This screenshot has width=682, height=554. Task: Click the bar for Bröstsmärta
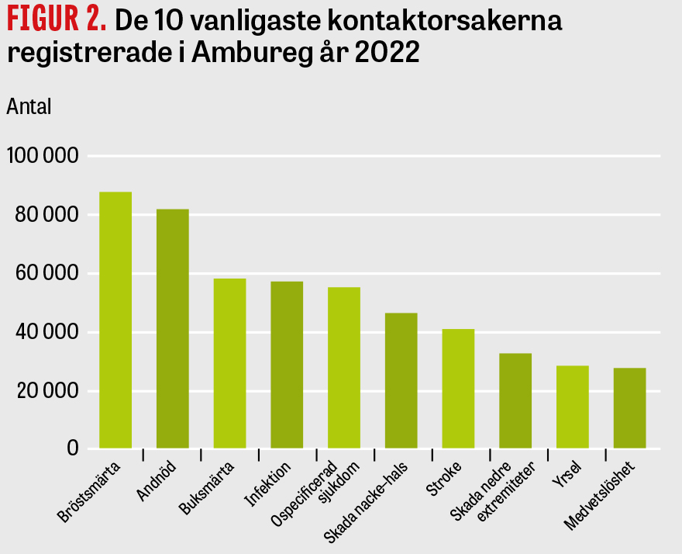click(x=115, y=320)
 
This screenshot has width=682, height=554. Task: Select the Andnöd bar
click(x=172, y=328)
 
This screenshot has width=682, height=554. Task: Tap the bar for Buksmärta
click(x=229, y=363)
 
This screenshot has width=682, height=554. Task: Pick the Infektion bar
click(x=287, y=365)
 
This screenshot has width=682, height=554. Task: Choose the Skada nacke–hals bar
click(x=401, y=380)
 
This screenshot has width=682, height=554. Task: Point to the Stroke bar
click(x=458, y=388)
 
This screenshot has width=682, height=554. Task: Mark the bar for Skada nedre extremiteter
click(x=515, y=400)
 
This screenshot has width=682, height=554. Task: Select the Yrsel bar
click(x=573, y=407)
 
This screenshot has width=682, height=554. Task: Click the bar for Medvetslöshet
click(x=629, y=408)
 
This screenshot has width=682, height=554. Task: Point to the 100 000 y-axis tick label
click(x=43, y=157)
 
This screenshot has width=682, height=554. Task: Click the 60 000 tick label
click(x=46, y=274)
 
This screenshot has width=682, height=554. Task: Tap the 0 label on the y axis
click(x=73, y=448)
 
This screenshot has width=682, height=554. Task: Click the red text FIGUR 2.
click(x=57, y=22)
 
